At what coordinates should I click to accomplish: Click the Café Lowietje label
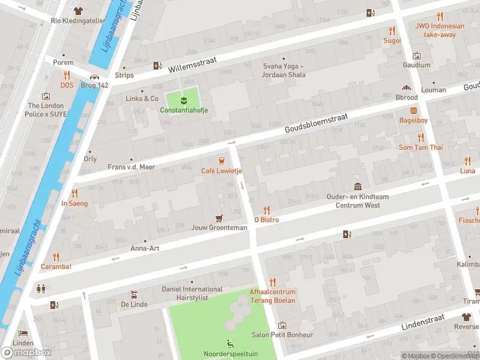(x=221, y=171)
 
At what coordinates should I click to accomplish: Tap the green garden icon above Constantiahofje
(x=184, y=99)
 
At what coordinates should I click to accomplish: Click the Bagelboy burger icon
(x=413, y=110)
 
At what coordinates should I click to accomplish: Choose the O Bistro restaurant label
(x=266, y=220)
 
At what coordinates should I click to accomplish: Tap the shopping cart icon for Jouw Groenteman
(x=219, y=218)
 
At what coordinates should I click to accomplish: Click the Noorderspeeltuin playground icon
(x=230, y=344)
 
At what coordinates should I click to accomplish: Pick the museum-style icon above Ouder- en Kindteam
(x=358, y=186)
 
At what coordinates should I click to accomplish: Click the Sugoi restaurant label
(x=392, y=41)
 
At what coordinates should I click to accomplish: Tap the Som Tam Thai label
(x=421, y=148)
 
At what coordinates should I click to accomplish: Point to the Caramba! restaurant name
(x=56, y=266)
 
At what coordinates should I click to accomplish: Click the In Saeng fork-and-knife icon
(x=74, y=193)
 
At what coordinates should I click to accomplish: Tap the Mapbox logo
(x=26, y=352)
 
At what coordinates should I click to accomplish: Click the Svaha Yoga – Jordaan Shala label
(x=284, y=70)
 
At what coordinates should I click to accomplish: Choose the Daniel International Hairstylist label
(x=192, y=293)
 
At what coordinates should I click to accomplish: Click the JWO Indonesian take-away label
(x=440, y=30)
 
